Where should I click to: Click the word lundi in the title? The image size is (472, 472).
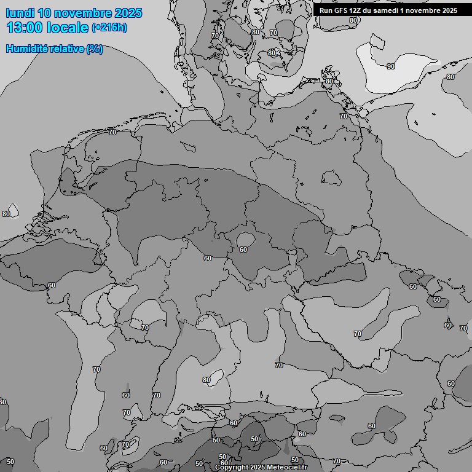20,13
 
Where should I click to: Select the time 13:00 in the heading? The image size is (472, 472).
24,28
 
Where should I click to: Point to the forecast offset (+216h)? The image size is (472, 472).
109,28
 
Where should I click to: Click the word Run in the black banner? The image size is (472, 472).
326,10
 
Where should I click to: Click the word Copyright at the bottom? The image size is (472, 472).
232,467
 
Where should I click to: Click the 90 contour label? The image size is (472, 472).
391,66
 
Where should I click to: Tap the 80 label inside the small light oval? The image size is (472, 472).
206,380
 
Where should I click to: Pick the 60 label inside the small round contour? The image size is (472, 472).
243,250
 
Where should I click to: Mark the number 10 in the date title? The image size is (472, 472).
44,13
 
